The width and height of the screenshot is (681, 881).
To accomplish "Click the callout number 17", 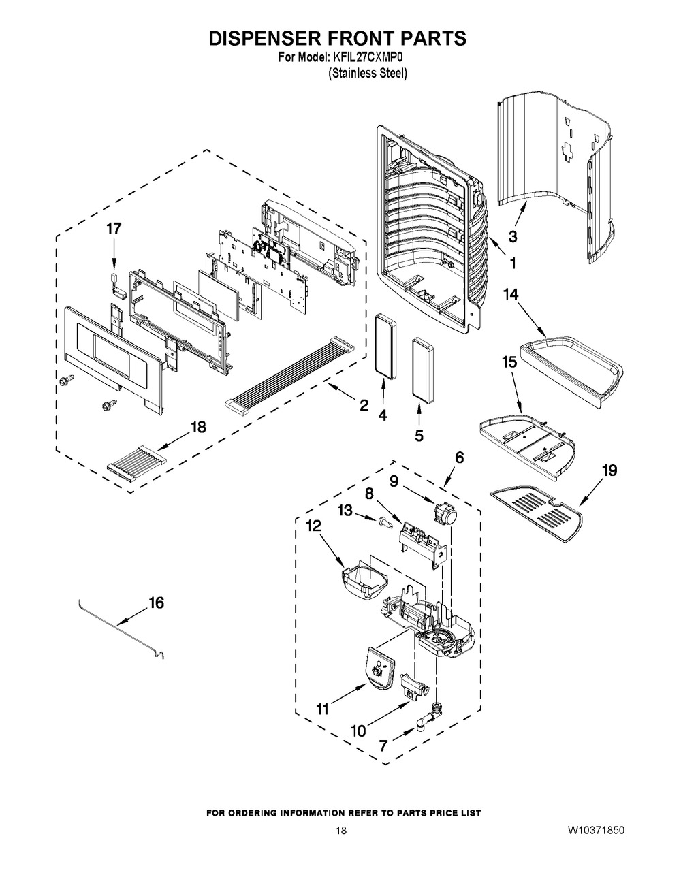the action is (114, 229).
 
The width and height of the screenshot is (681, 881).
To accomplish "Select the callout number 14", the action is (511, 295).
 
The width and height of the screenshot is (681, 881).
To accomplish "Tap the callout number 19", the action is (609, 470).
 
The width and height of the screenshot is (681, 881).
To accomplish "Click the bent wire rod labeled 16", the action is (121, 630).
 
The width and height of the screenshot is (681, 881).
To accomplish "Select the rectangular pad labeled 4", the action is (385, 347).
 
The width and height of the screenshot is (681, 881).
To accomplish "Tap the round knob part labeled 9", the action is (446, 513).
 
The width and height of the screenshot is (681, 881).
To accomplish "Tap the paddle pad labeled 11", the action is (380, 669).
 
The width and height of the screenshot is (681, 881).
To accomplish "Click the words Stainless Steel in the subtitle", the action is (368, 74).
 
